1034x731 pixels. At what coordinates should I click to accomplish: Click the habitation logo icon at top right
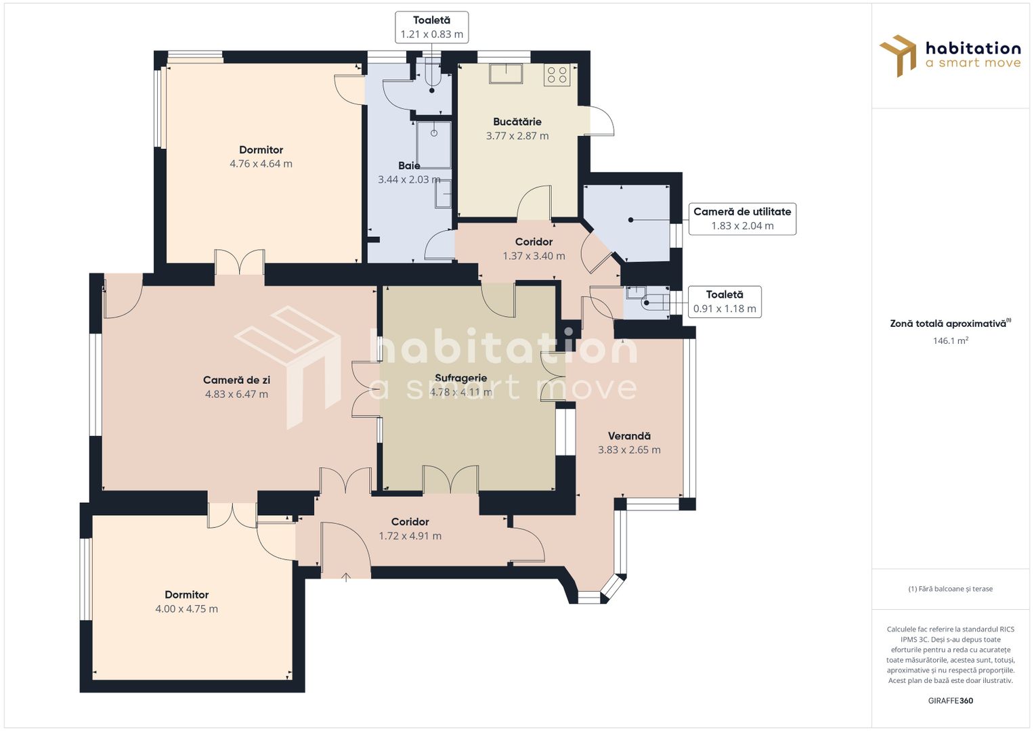[x=899, y=56]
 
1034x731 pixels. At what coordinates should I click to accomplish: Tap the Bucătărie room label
[x=517, y=122]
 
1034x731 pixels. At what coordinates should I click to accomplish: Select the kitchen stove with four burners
[x=557, y=74]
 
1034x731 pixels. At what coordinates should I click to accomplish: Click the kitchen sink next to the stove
[x=507, y=73]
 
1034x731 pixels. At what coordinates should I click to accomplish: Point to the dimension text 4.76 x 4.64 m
[x=261, y=164]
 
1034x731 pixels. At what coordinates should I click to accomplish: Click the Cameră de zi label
[x=236, y=380]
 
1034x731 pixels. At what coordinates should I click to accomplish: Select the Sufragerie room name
[x=460, y=378]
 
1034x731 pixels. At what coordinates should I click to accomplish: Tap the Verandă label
[x=628, y=437]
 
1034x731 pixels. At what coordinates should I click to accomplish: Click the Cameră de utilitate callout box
[x=742, y=219]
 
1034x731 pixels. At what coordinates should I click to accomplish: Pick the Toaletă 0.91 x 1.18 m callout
[x=725, y=302]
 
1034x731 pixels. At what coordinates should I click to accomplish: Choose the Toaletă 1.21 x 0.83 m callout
[x=431, y=27]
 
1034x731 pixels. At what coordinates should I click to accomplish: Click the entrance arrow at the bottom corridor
[x=346, y=577]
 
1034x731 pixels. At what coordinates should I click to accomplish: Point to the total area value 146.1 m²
[x=950, y=340]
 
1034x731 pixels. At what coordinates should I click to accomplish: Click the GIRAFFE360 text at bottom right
[x=950, y=701]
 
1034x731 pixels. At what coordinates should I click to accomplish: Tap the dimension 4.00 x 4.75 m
[x=186, y=609]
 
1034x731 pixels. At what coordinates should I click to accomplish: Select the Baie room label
[x=409, y=166]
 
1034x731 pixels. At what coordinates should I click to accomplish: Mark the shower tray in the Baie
[x=433, y=144]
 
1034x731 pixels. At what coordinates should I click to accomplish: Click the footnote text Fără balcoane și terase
[x=950, y=589]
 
